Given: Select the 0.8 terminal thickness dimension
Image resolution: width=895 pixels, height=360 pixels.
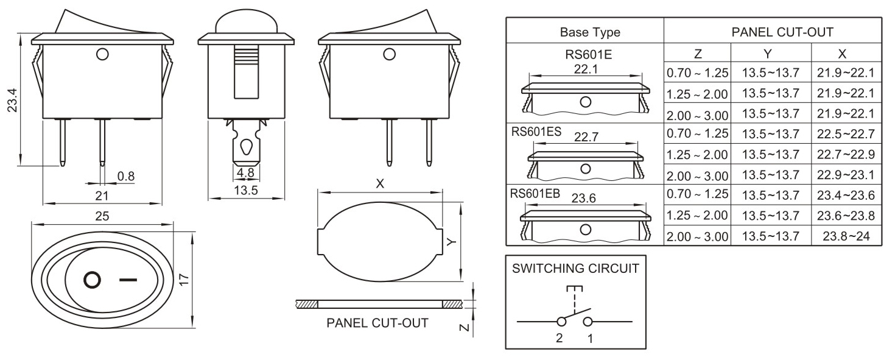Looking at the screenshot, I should coord(126,177).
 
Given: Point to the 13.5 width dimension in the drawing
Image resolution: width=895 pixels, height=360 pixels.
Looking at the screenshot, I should coord(246,191).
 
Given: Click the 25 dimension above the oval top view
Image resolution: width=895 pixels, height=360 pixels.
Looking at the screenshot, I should coord(102,216).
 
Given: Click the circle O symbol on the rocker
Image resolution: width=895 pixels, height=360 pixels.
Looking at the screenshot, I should coord(91,280).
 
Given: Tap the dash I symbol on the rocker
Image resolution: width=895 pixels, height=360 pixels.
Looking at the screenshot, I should coord(128,280).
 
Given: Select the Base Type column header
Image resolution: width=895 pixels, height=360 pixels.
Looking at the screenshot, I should coord(584,32).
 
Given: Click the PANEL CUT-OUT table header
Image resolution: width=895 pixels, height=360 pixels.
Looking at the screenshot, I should coord(773,32).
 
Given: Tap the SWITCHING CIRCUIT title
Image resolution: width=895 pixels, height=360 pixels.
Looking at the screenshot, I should coord(575,268).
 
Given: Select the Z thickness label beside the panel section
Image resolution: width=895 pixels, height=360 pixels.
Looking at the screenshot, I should coord(464,328).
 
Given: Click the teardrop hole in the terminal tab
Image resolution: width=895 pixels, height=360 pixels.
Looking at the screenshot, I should coord(246,147).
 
